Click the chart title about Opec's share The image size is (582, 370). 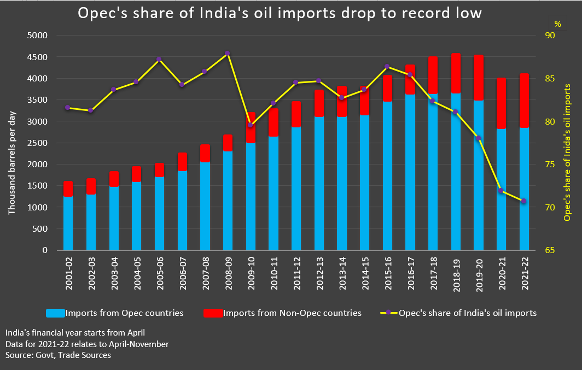[280, 13]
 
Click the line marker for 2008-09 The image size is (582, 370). [228, 54]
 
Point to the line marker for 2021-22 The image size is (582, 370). [524, 201]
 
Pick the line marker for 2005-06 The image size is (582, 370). [159, 59]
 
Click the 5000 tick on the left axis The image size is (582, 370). [38, 36]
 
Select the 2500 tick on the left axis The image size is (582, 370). [38, 143]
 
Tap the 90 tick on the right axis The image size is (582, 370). [549, 36]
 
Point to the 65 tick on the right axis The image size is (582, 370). [549, 250]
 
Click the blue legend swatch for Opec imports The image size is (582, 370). [55, 313]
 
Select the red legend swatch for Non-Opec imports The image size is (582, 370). [213, 313]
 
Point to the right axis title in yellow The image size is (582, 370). [567, 152]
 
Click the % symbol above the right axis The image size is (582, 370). [557, 24]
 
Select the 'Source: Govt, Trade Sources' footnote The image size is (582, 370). [58, 355]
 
